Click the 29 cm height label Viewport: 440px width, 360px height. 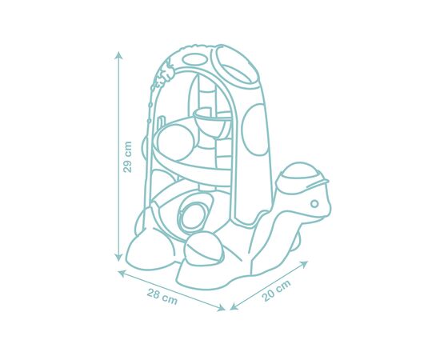pos(127,157)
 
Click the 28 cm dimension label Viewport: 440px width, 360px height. pos(162,297)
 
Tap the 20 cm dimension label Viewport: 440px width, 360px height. pos(277,291)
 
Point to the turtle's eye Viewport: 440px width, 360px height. pos(314,204)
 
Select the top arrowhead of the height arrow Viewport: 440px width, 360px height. pos(119,55)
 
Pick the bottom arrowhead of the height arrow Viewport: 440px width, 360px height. pos(119,257)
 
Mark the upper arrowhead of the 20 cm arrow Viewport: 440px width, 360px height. pos(304,264)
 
